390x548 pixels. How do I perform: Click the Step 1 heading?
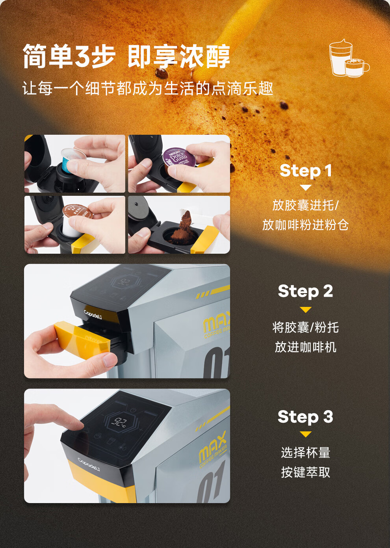point(306,171)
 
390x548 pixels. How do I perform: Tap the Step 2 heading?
point(305,291)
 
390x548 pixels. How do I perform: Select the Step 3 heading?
point(305,416)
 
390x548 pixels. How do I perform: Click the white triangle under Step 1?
point(306,188)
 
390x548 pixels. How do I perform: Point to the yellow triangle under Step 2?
point(306,310)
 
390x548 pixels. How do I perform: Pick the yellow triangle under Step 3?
point(306,434)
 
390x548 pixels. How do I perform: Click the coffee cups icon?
point(349,58)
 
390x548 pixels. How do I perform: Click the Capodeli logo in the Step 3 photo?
point(89,464)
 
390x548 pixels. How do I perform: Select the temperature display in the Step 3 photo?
point(119,422)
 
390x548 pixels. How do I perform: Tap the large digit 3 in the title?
point(84,56)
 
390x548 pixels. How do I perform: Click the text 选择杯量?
point(306,453)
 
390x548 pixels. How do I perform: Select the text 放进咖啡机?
point(306,347)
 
